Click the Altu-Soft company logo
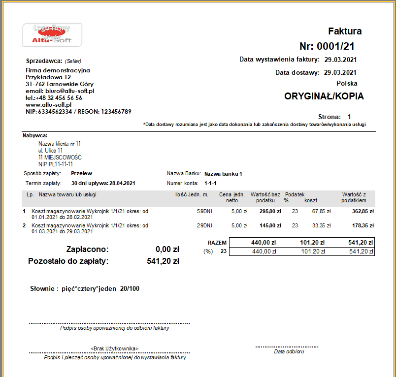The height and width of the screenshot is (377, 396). (x=52, y=34)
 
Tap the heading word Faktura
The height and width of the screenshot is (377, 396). (x=345, y=31)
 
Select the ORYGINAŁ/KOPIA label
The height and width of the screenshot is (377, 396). (x=324, y=96)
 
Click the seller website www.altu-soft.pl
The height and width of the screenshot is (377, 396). (x=48, y=105)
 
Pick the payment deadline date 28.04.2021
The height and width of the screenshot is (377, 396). (x=122, y=183)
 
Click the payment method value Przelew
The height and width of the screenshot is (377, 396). (x=81, y=173)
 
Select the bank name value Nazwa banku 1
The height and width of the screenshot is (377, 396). (x=223, y=174)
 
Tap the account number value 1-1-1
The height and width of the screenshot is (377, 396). (x=210, y=183)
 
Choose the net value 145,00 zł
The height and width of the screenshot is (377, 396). (x=270, y=225)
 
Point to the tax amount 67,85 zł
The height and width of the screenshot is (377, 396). (x=321, y=212)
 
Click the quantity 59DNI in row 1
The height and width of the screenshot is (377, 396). (x=204, y=212)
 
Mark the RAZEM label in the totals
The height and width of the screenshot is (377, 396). (x=217, y=243)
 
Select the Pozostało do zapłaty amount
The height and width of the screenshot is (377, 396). (x=163, y=261)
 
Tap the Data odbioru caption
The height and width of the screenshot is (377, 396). (x=289, y=351)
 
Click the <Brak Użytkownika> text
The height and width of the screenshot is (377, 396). (x=114, y=348)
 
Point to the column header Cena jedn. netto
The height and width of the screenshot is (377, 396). (x=231, y=197)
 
